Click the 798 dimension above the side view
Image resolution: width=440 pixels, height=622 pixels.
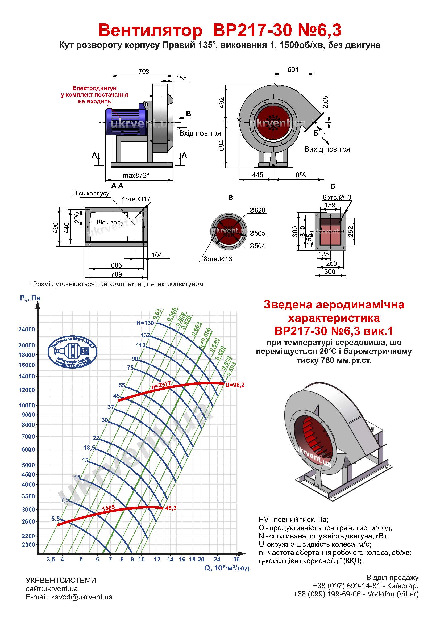pyautogui.click(x=144, y=72)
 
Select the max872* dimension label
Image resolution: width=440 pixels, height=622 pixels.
pyautogui.click(x=136, y=175)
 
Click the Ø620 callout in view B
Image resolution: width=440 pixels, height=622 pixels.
pyautogui.click(x=257, y=211)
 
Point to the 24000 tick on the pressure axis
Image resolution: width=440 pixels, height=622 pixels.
pyautogui.click(x=27, y=329)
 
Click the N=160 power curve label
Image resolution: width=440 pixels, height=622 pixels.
pyautogui.click(x=145, y=323)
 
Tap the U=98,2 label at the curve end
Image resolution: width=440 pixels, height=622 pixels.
pyautogui.click(x=235, y=385)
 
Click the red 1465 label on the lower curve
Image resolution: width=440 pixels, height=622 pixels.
pyautogui.click(x=108, y=508)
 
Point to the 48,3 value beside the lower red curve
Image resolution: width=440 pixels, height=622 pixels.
pyautogui.click(x=171, y=508)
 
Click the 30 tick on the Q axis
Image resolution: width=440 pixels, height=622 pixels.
pyautogui.click(x=236, y=559)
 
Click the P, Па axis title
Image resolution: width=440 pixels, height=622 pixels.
pyautogui.click(x=30, y=298)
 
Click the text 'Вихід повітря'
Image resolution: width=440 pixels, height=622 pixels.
pyautogui.click(x=327, y=149)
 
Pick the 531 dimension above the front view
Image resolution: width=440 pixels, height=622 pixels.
pyautogui.click(x=293, y=70)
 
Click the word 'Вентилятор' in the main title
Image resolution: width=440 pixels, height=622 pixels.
pyautogui.click(x=150, y=30)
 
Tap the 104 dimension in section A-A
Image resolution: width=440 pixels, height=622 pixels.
pyautogui.click(x=157, y=255)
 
